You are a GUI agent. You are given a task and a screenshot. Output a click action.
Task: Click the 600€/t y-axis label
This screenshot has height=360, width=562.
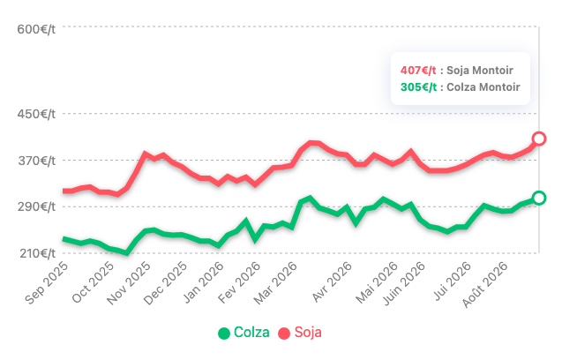pyautogui.click(x=36, y=29)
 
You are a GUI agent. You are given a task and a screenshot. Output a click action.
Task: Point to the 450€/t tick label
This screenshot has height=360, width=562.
pyautogui.click(x=36, y=114)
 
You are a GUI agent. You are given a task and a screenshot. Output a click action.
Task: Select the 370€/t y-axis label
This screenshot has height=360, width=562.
pyautogui.click(x=36, y=161)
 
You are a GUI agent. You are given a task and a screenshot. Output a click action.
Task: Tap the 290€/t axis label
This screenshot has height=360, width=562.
pyautogui.click(x=36, y=206)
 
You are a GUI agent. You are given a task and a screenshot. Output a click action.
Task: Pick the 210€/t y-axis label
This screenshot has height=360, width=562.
pyautogui.click(x=37, y=253)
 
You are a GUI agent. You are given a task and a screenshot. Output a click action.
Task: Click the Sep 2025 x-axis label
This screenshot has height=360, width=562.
pyautogui.click(x=47, y=283)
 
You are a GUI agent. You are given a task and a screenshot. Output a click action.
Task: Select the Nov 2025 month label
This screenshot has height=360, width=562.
pyautogui.click(x=129, y=283)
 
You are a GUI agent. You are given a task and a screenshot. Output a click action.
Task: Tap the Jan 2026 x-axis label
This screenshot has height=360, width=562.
pyautogui.click(x=203, y=282)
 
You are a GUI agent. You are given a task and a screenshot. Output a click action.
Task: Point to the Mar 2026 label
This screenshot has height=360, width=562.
pyautogui.click(x=275, y=283)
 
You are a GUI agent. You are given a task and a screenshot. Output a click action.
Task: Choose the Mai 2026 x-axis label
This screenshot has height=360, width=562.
pyautogui.click(x=377, y=283)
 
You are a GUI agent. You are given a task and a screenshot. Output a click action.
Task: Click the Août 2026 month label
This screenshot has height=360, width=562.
pyautogui.click(x=485, y=285)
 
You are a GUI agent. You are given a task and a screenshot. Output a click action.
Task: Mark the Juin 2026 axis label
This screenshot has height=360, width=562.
pyautogui.click(x=404, y=284)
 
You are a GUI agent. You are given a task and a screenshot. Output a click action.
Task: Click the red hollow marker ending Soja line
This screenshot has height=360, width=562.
pyautogui.click(x=539, y=139)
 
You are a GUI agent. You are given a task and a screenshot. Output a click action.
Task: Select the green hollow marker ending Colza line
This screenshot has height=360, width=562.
pyautogui.click(x=539, y=198)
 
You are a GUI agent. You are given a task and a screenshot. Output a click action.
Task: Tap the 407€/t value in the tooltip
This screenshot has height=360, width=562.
pyautogui.click(x=418, y=71)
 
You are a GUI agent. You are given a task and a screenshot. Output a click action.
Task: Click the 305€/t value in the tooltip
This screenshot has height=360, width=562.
pyautogui.click(x=418, y=87)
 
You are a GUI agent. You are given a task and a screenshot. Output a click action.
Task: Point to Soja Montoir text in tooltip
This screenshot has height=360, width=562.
pyautogui.click(x=480, y=71)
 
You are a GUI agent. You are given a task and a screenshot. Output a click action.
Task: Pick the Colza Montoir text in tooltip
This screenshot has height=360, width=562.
pyautogui.click(x=483, y=87)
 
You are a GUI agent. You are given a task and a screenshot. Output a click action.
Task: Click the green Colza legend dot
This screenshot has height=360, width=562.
pyautogui.click(x=224, y=334)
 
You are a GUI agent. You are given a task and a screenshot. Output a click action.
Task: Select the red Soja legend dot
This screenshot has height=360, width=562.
pyautogui.click(x=284, y=334)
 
